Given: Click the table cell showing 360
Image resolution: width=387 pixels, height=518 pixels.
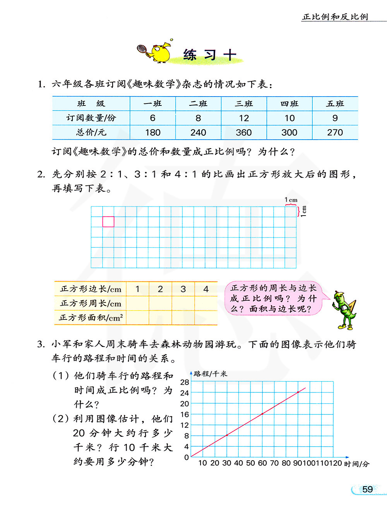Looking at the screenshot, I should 244,133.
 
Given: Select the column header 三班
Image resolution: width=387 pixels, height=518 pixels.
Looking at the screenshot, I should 244,104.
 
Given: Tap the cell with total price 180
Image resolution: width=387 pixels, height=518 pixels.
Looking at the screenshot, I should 153,133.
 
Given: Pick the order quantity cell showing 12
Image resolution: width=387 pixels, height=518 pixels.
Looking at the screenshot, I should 244,118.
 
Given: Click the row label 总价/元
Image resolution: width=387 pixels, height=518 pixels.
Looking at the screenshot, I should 91,133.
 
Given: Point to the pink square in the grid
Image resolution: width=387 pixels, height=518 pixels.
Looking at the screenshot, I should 108,221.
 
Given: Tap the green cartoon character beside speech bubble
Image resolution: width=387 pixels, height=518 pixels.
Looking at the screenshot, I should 344,310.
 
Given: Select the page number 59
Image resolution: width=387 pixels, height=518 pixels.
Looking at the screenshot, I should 367,489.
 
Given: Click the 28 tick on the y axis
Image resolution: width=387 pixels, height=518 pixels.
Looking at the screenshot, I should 185,382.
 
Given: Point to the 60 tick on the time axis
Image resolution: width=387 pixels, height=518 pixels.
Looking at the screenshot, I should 262,463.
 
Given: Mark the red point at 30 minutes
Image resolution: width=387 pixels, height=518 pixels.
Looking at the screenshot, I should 227,435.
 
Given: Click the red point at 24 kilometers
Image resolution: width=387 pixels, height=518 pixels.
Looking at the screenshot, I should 298,392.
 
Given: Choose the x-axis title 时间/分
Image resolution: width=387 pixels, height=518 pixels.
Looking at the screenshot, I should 356,464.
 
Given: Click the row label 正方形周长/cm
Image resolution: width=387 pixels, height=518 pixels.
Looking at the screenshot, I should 91,304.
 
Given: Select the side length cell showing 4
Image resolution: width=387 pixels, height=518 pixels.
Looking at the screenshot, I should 206,289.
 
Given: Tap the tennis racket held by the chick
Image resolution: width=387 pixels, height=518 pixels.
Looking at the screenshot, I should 142,49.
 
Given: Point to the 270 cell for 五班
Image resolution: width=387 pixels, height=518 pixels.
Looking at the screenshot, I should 335,133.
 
